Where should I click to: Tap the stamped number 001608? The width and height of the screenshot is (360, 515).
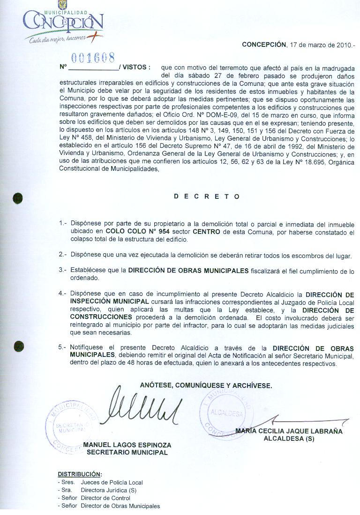(x=96, y=58)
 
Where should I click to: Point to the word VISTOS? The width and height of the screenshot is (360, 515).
(x=136, y=68)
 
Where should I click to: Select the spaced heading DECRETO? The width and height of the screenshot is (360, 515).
(x=207, y=197)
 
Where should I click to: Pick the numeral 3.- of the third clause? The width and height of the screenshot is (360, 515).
(x=63, y=271)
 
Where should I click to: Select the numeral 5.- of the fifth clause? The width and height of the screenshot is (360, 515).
(x=63, y=348)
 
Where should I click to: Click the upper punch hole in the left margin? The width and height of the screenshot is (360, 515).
(x=18, y=197)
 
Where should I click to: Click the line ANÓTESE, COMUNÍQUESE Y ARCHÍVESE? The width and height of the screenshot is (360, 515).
(x=206, y=385)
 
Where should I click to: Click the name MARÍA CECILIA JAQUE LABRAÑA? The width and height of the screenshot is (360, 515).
(x=289, y=432)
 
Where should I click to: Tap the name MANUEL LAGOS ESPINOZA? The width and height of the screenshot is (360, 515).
(x=127, y=445)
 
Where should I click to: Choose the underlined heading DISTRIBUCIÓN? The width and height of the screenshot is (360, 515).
(x=79, y=474)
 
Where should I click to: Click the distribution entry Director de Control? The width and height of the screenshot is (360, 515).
(x=105, y=498)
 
